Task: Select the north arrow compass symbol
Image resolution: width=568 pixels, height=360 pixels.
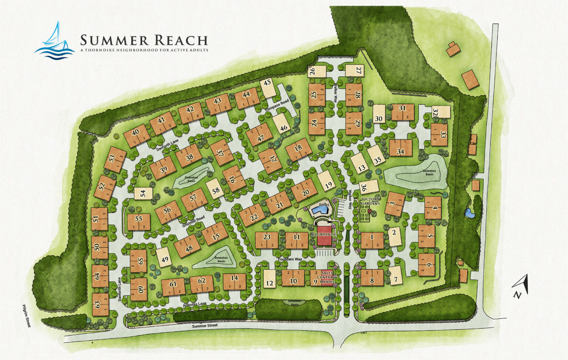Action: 521,287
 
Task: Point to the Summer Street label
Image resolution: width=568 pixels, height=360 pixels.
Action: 205,326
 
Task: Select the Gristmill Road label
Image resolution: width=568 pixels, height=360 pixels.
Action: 193,221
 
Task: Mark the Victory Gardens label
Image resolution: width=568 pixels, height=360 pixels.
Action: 370,201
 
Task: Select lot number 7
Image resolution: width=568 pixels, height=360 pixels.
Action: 396,279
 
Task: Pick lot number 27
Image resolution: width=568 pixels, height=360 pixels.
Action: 359,70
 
